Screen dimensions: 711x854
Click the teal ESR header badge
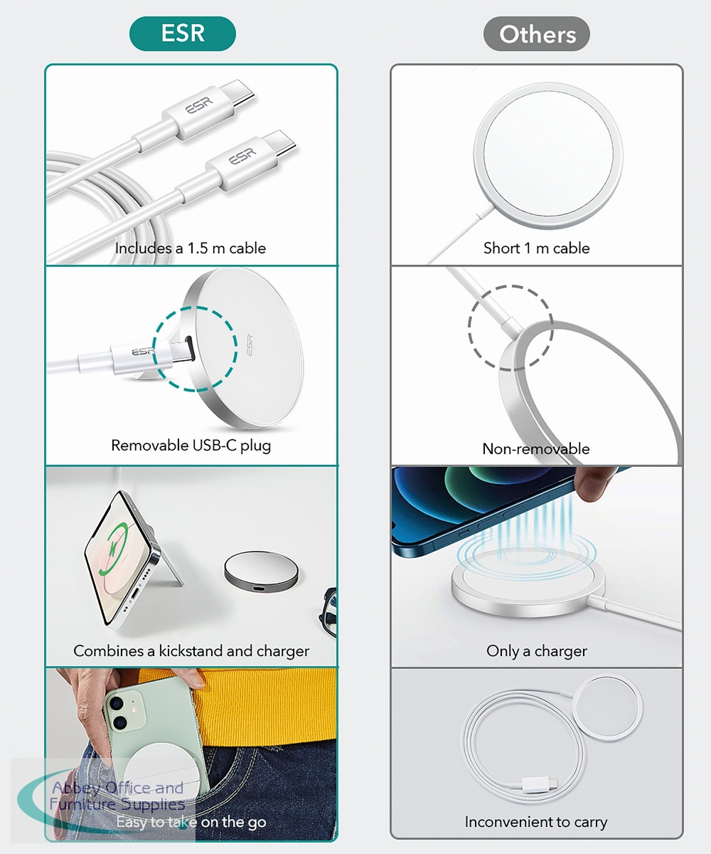pyautogui.click(x=183, y=33)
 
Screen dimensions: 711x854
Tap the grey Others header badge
pyautogui.click(x=537, y=33)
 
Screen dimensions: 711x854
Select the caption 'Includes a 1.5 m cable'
pyautogui.click(x=191, y=248)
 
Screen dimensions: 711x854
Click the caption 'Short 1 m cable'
pyautogui.click(x=537, y=248)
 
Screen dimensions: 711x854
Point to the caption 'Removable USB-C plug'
pyautogui.click(x=191, y=446)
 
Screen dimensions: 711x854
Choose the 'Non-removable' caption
pyautogui.click(x=536, y=448)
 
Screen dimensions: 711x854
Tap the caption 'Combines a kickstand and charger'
pyautogui.click(x=191, y=650)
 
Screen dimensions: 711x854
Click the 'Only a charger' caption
pyautogui.click(x=537, y=650)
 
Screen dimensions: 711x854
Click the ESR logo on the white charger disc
pyautogui.click(x=250, y=345)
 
